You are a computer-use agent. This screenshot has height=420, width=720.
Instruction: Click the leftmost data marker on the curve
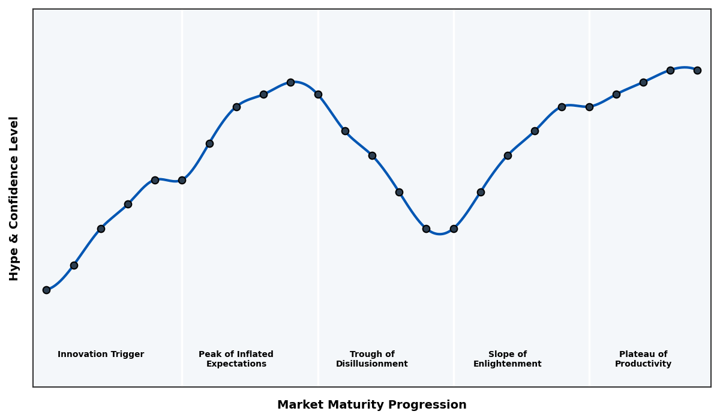tap(46, 290)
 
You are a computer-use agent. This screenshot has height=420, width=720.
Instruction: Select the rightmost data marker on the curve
tap(697, 70)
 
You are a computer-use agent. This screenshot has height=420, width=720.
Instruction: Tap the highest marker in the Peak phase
tap(290, 82)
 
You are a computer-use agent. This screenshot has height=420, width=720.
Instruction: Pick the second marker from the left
tap(74, 265)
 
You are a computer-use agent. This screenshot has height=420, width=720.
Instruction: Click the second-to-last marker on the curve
tap(670, 70)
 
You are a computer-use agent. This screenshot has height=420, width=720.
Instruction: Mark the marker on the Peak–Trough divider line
tap(318, 94)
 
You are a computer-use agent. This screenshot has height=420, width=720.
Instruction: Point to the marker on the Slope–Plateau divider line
tap(589, 107)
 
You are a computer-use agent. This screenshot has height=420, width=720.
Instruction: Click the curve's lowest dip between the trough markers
tap(440, 233)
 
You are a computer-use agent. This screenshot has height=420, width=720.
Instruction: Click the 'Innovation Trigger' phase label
tap(101, 355)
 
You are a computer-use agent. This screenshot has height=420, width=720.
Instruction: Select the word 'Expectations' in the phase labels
tap(236, 364)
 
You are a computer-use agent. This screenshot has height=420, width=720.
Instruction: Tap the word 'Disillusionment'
tap(372, 364)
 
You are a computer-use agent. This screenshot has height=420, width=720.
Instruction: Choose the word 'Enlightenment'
tap(508, 364)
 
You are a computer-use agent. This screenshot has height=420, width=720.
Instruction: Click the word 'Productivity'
tap(643, 364)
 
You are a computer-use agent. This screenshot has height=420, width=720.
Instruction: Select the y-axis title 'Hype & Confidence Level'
tap(14, 198)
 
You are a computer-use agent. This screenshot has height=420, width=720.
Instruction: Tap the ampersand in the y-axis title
tap(14, 237)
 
